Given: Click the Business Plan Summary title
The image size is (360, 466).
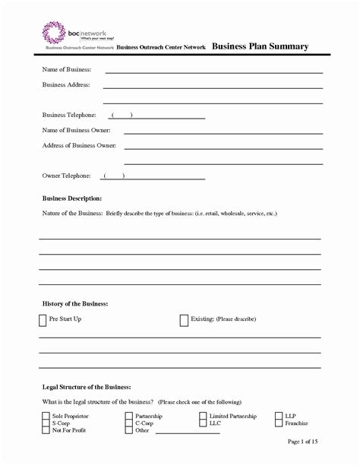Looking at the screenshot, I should tap(260, 46).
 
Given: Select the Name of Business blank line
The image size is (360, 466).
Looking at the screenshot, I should tap(213, 71).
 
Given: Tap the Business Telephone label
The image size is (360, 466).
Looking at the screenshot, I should tap(69, 115).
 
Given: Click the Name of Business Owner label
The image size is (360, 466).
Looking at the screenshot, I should tap(78, 130).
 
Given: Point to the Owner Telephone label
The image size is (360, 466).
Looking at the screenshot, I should tap(67, 176).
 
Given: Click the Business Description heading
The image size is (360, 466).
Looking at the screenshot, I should tap(72, 198).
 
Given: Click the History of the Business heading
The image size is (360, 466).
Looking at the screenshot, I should tap(75, 303).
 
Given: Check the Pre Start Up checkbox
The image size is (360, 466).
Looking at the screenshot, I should tap(43, 320).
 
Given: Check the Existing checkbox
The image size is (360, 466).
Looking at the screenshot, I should tap(184, 320).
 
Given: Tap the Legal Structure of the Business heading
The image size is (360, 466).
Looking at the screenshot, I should tap(87, 386).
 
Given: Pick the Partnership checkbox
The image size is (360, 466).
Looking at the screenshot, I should tap(128, 417).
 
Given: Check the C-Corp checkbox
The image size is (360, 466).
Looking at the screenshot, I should tap(128, 423).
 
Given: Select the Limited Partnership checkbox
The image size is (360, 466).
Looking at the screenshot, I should tap(203, 417).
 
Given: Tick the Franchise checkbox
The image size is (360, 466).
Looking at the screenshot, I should tap(278, 423).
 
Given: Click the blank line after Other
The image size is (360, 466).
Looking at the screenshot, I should tap(186, 433).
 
